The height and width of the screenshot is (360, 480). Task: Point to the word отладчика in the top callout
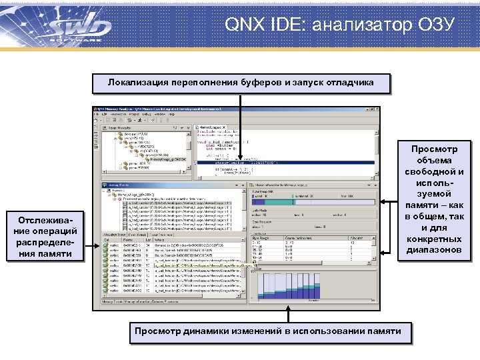click(x=349, y=83)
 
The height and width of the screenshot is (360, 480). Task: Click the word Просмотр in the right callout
click(x=431, y=149)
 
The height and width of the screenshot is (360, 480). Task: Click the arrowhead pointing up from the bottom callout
click(x=289, y=308)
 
